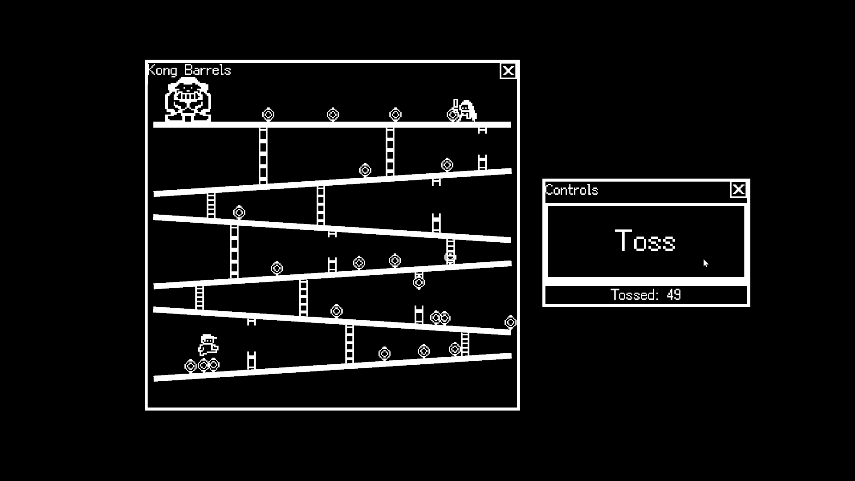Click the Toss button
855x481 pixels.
[646, 241]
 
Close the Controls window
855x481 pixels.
[738, 190]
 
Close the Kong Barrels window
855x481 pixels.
[508, 71]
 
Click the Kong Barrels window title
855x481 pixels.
[189, 70]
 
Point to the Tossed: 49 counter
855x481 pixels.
[646, 295]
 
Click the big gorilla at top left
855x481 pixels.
[188, 99]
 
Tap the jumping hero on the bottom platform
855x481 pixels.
[208, 345]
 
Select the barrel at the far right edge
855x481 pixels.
[510, 322]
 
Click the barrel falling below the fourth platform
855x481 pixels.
[419, 282]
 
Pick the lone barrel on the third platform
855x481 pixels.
[239, 213]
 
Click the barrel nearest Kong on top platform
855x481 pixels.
[268, 115]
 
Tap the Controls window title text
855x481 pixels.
[572, 190]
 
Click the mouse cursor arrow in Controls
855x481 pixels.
[706, 263]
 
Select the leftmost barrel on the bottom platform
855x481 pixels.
[191, 366]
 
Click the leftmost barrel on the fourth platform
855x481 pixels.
[277, 268]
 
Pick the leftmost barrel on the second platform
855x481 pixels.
[365, 170]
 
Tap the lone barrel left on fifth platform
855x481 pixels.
[336, 311]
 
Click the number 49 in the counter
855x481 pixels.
[674, 295]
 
